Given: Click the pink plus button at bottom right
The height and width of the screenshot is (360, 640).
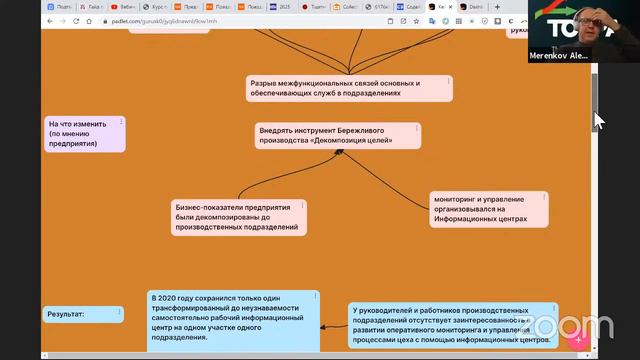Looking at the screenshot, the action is [578, 340].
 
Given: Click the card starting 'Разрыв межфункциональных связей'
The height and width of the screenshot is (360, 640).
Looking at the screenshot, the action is [348, 88].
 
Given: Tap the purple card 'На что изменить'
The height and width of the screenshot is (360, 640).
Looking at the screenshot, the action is [84, 134].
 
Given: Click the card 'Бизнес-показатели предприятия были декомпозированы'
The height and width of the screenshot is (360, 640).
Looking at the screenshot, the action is [238, 216].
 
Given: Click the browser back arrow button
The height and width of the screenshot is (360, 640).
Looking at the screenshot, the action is [11, 21].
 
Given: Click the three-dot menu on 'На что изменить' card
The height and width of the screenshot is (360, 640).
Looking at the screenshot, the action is [121, 122].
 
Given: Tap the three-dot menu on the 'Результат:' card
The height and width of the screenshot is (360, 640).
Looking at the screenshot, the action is [119, 309].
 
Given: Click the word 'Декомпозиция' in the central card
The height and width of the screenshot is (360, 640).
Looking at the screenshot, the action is [359, 141].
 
